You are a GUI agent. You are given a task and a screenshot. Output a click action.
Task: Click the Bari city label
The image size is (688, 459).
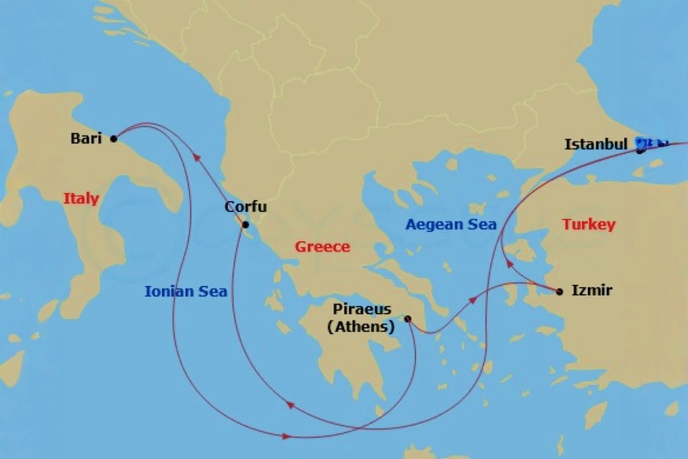(x=85, y=138)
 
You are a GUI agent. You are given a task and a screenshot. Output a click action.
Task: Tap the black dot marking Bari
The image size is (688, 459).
(x=114, y=138)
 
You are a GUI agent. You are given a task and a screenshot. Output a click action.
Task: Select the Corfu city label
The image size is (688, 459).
(x=245, y=207)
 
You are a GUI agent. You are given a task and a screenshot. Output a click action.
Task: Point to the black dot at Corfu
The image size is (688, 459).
(x=245, y=224)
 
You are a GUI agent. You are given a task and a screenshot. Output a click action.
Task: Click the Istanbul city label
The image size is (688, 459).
(x=596, y=145)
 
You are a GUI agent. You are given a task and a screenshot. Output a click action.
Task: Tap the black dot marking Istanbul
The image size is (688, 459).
(x=639, y=151)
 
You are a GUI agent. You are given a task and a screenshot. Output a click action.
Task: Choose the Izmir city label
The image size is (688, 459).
(x=592, y=291)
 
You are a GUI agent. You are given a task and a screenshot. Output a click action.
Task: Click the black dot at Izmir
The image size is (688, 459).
(x=560, y=291)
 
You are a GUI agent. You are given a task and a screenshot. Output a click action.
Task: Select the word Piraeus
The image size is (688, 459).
(x=362, y=309)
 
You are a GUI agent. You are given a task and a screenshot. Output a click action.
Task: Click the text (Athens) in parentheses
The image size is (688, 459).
(x=361, y=328)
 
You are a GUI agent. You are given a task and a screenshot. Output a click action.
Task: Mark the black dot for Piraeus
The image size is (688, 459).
(x=408, y=318)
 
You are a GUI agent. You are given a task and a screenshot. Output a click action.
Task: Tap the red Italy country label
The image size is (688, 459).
(x=81, y=199)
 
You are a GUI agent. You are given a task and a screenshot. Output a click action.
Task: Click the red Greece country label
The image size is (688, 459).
(x=322, y=247)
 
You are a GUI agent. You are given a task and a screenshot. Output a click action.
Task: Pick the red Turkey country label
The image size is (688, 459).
(x=589, y=224)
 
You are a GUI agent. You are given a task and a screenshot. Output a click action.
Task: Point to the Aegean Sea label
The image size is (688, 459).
(x=451, y=224)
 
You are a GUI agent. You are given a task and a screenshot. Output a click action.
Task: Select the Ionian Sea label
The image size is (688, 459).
(x=186, y=291)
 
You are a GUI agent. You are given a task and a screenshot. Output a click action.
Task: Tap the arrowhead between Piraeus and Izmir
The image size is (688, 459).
(x=471, y=300)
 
